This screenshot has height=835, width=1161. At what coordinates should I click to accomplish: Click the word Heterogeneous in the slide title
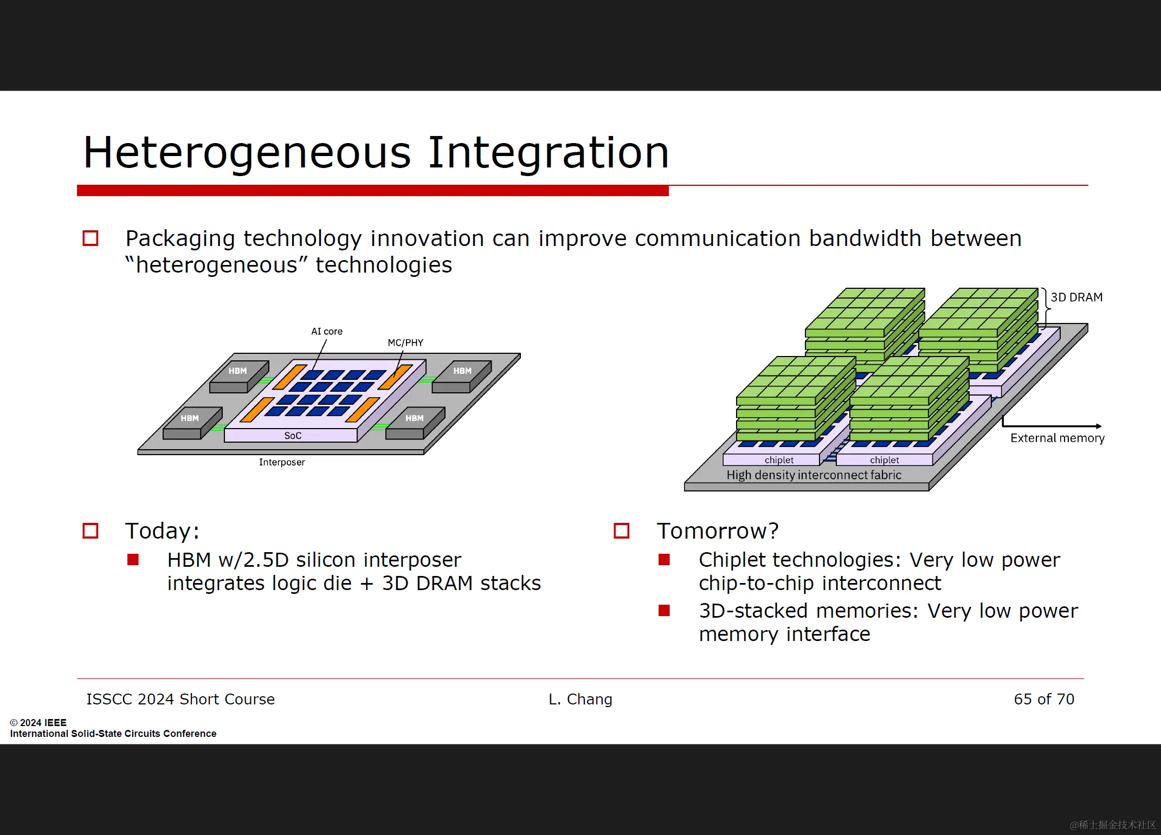[247, 153]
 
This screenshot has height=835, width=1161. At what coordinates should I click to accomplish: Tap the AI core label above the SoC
[327, 331]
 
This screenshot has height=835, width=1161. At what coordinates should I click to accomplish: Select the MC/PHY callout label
[405, 342]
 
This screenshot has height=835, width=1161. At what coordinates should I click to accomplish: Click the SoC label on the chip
[293, 436]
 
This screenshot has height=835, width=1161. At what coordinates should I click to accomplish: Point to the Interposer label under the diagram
[282, 462]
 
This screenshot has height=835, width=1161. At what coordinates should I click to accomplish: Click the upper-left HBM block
[239, 377]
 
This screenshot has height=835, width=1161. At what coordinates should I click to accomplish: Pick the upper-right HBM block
[462, 377]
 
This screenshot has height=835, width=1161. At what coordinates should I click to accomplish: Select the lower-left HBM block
[192, 423]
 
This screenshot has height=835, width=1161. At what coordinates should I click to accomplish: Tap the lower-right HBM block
[415, 423]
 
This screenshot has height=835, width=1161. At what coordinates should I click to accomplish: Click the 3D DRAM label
[1076, 297]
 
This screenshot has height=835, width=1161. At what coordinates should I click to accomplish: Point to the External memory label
[1057, 438]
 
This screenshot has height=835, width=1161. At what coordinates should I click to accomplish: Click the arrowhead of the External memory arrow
[1099, 426]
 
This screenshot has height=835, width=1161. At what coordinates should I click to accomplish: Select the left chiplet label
[779, 460]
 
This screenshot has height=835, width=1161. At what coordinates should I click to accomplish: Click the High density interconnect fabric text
[814, 475]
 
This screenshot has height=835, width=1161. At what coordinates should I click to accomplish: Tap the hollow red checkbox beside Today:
[91, 530]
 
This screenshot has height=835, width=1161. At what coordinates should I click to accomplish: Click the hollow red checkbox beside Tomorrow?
[622, 530]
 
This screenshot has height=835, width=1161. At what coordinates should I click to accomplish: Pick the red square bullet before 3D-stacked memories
[664, 611]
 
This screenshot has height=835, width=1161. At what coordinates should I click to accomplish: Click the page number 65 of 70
[1044, 699]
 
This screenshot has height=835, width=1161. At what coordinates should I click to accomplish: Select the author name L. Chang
[580, 699]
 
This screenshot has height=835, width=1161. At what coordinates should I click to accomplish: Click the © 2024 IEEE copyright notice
[38, 722]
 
